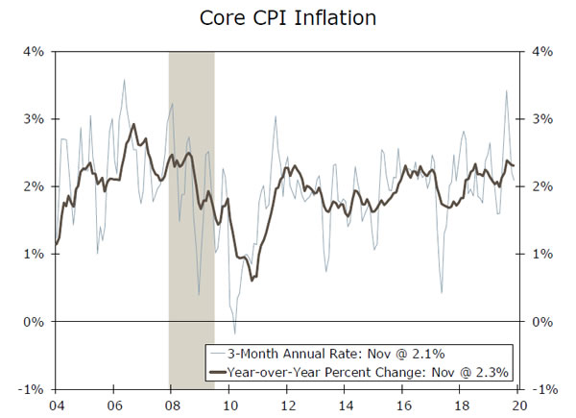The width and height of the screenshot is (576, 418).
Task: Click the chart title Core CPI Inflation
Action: coord(288,17)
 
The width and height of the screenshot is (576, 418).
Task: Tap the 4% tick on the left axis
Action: coord(33,52)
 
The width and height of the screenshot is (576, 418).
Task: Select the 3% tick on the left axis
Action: coord(33,119)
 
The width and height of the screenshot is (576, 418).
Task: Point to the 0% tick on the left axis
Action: coord(33,321)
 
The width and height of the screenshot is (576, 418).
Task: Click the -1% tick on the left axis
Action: coord(31,388)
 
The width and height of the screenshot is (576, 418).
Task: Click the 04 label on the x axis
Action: coord(56,405)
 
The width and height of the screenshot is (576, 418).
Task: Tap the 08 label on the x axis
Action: coord(171,405)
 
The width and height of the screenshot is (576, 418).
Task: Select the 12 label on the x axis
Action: coord(287,405)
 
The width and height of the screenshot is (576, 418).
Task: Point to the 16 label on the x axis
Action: coord(402,405)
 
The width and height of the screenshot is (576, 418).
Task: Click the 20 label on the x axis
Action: coord(517,405)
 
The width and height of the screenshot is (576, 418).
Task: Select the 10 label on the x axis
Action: coord(229,405)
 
